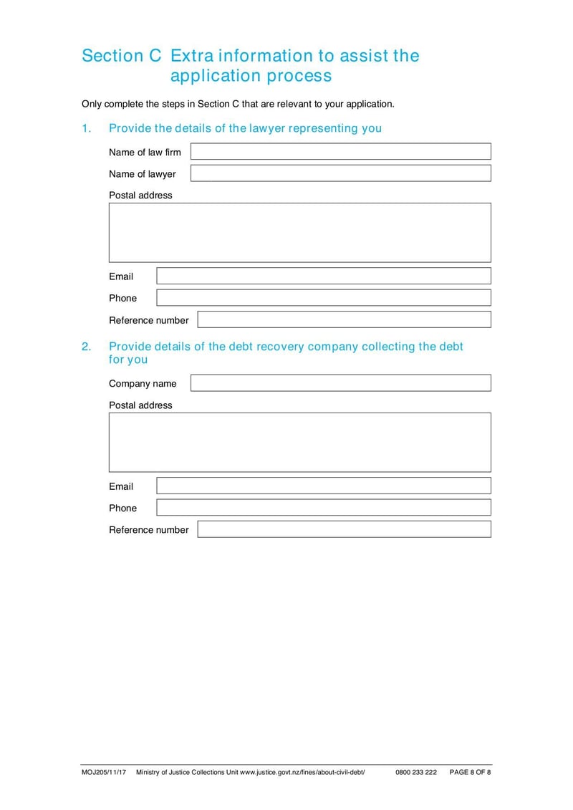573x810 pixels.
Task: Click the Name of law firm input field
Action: [x=340, y=151]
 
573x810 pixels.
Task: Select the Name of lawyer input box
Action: [x=340, y=173]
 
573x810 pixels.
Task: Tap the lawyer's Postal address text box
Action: [x=299, y=233]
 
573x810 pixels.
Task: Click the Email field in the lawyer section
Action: [x=324, y=276]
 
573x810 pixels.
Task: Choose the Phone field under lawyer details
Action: [x=324, y=298]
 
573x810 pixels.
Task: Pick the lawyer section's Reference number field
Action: [x=344, y=319]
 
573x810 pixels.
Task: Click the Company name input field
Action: [x=340, y=383]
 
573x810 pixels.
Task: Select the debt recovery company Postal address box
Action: [x=299, y=442]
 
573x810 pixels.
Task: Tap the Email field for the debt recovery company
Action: [x=324, y=486]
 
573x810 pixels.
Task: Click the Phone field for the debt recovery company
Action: [x=324, y=508]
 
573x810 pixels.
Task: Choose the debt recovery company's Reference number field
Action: [x=344, y=529]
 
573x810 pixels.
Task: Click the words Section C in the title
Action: [x=122, y=56]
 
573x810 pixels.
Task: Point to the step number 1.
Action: [x=86, y=128]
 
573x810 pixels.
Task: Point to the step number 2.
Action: [x=86, y=347]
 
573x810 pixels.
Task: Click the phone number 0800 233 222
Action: [x=415, y=772]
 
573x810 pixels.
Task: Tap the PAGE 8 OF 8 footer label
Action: [x=470, y=772]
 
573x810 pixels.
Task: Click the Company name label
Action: [x=143, y=384]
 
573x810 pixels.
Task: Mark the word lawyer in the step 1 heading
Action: [x=266, y=128]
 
